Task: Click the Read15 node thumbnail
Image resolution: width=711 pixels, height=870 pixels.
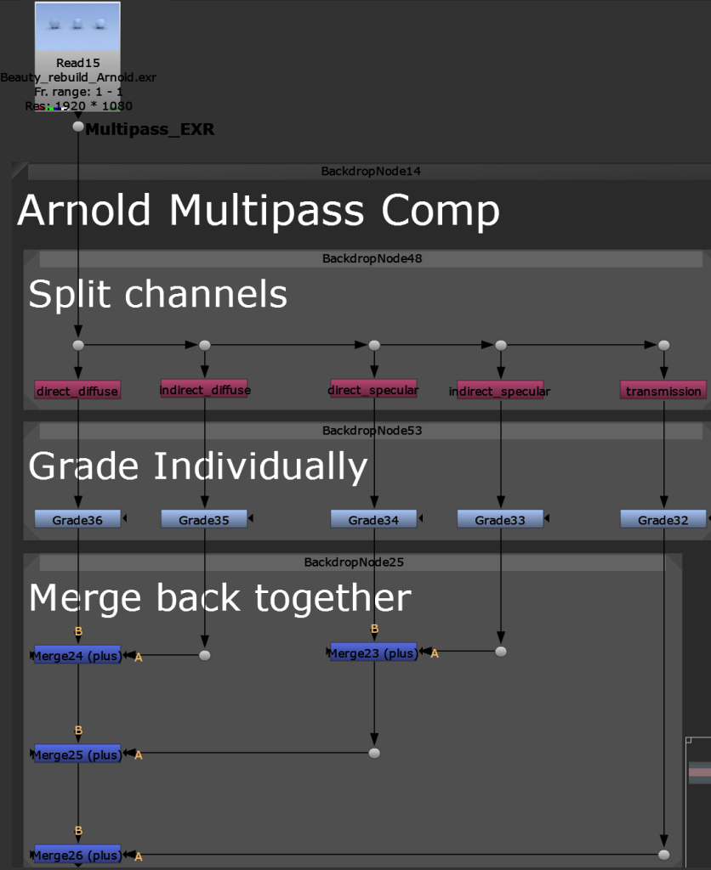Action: pyautogui.click(x=77, y=26)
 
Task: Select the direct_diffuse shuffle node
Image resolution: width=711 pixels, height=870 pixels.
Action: pyautogui.click(x=77, y=391)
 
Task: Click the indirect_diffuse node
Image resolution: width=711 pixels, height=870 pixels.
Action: pyautogui.click(x=204, y=389)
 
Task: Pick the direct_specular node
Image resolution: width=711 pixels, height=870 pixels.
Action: pyautogui.click(x=374, y=389)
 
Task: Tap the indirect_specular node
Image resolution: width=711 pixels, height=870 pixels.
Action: pyautogui.click(x=500, y=391)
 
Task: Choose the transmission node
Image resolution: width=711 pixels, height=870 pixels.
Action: pyautogui.click(x=663, y=391)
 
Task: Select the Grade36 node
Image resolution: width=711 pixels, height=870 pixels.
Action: pyautogui.click(x=77, y=519)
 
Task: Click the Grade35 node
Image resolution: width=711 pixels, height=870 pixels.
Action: pyautogui.click(x=204, y=519)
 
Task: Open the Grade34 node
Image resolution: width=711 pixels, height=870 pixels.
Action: pyautogui.click(x=373, y=519)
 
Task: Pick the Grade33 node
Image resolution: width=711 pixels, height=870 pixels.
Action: pyautogui.click(x=500, y=519)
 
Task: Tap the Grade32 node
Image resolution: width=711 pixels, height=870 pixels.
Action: pyautogui.click(x=663, y=519)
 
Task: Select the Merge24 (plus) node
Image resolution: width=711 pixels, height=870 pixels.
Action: pyautogui.click(x=77, y=655)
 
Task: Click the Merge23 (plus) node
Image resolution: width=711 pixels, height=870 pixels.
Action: pyautogui.click(x=374, y=653)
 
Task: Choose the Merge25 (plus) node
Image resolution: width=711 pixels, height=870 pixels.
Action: pyautogui.click(x=77, y=754)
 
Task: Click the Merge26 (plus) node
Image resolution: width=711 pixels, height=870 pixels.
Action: pyautogui.click(x=77, y=855)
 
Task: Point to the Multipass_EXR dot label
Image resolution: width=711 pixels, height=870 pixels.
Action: pyautogui.click(x=150, y=129)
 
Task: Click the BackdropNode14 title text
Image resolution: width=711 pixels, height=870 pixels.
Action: pyautogui.click(x=371, y=172)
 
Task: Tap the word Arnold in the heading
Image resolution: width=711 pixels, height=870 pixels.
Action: pyautogui.click(x=84, y=211)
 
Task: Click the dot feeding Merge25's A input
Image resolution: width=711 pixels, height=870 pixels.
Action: pyautogui.click(x=374, y=753)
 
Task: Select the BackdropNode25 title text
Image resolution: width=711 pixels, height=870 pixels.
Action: pyautogui.click(x=354, y=562)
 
